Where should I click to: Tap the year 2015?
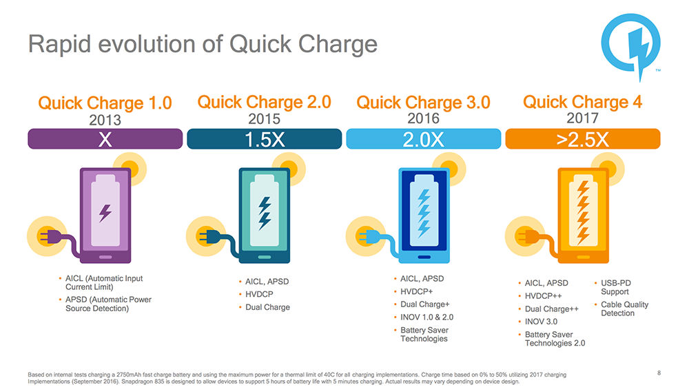[x=264, y=119]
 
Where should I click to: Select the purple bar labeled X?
[x=105, y=139]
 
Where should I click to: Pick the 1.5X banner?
[x=264, y=139]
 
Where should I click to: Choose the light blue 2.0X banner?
[x=423, y=139]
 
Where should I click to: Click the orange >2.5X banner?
[x=582, y=139]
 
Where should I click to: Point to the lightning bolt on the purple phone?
[x=105, y=213]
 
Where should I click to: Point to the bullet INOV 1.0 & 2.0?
[x=426, y=317]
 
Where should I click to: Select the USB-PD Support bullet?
[x=615, y=287]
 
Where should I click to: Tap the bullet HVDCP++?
[x=544, y=296]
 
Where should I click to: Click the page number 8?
[x=659, y=373]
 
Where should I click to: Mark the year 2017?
[x=582, y=119]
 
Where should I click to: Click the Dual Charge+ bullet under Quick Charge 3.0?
[x=424, y=304]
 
